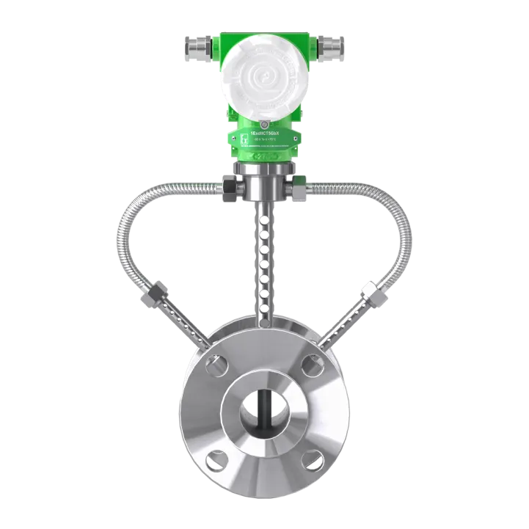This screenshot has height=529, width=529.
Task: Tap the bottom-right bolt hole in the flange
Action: pyautogui.click(x=313, y=461)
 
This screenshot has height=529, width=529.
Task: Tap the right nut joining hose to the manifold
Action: pyautogui.click(x=298, y=189)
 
